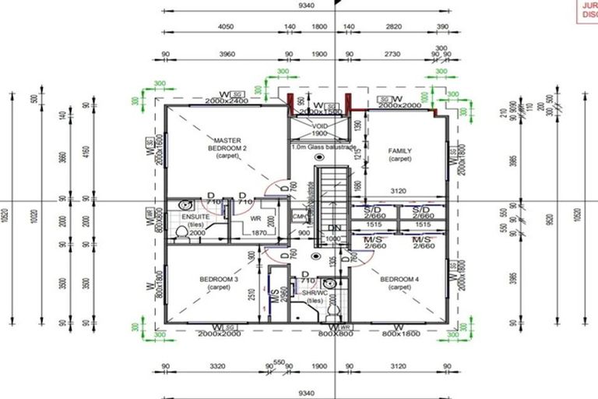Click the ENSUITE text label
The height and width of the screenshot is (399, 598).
195,217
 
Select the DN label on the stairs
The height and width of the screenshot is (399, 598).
333,228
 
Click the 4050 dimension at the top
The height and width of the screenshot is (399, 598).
226,26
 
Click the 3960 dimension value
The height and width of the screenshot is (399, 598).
227,55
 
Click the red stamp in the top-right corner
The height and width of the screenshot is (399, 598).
586,11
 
